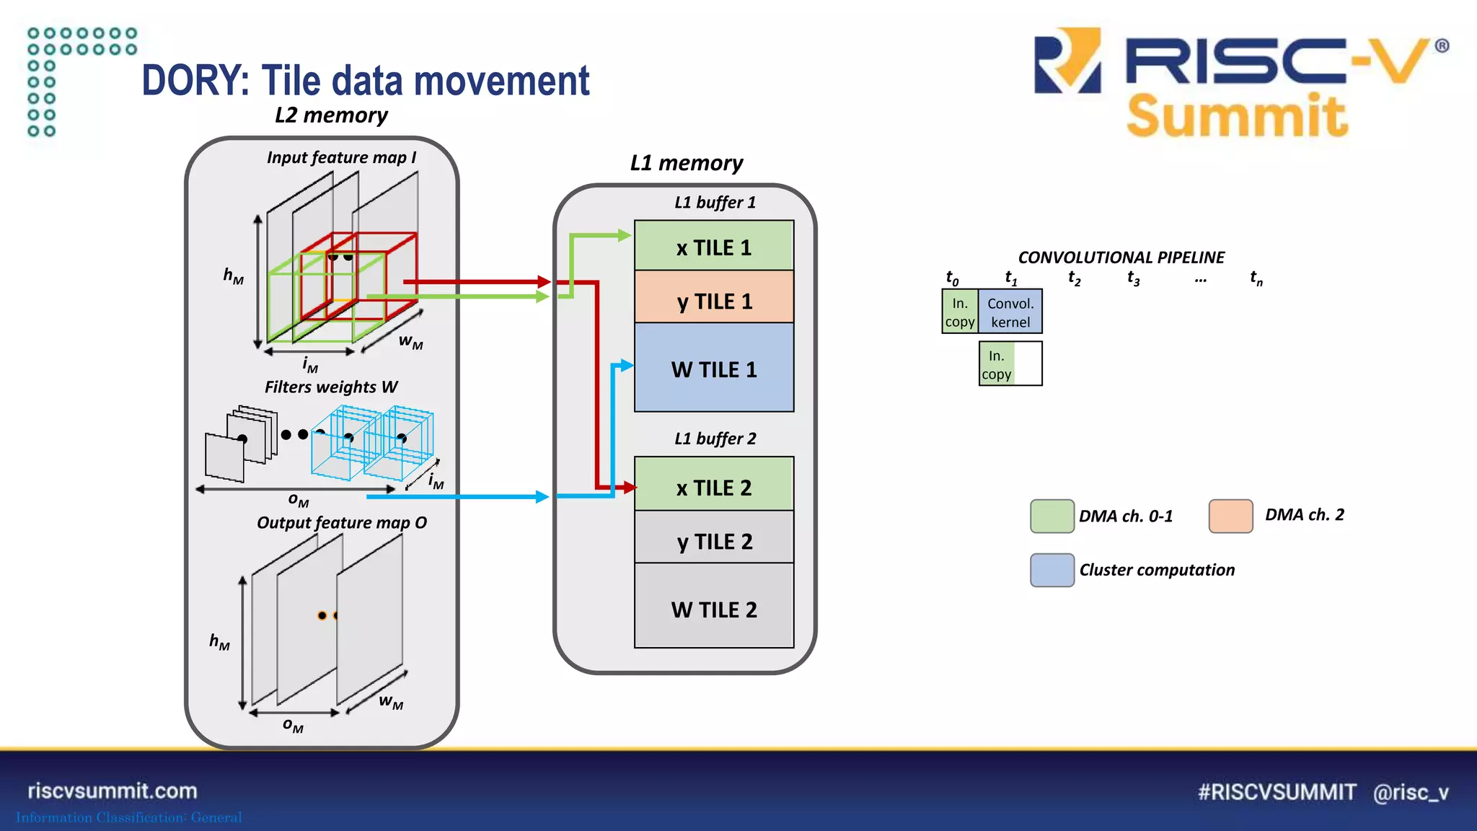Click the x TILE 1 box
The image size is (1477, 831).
point(714,246)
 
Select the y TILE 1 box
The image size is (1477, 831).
point(714,297)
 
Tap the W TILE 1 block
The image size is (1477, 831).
point(714,368)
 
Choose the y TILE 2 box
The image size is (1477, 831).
point(714,538)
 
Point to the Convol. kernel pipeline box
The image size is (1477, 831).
point(1010,312)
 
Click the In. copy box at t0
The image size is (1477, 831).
point(960,312)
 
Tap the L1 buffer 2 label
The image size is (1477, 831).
point(715,439)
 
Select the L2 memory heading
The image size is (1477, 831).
point(331,115)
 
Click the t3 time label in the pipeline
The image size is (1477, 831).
point(1133,278)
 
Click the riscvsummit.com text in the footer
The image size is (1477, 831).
point(113,791)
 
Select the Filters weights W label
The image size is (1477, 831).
point(331,387)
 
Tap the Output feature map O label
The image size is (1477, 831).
point(342,523)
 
